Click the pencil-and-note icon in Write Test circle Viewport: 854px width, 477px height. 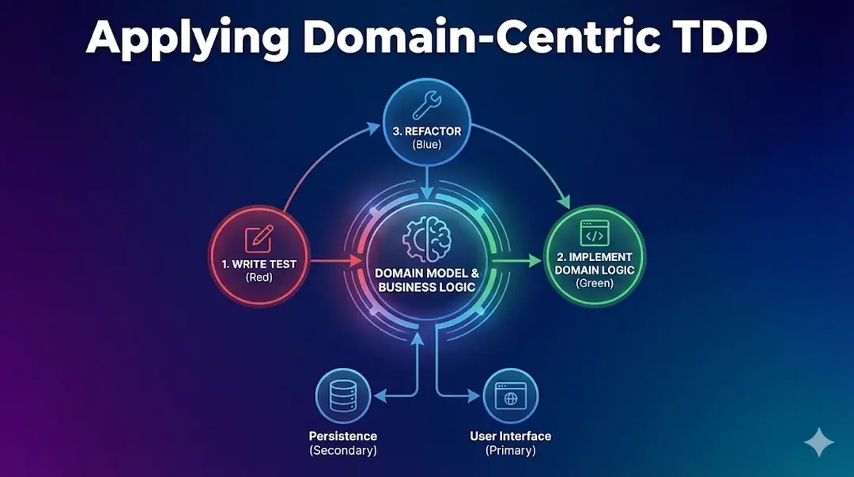click(x=259, y=238)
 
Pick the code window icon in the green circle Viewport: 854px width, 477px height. click(x=594, y=233)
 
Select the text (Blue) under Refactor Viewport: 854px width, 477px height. click(x=427, y=145)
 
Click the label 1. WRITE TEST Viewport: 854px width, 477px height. click(x=259, y=264)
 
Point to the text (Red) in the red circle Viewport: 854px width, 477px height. click(x=259, y=278)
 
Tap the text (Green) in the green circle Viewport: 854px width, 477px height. click(x=595, y=282)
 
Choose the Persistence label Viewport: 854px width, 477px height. click(x=343, y=436)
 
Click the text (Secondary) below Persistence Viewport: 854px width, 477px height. click(x=343, y=450)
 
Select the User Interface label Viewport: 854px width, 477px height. click(x=510, y=436)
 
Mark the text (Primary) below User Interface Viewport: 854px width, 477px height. click(x=510, y=450)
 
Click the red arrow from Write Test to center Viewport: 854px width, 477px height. click(x=332, y=259)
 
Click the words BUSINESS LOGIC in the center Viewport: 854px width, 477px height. click(x=427, y=287)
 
